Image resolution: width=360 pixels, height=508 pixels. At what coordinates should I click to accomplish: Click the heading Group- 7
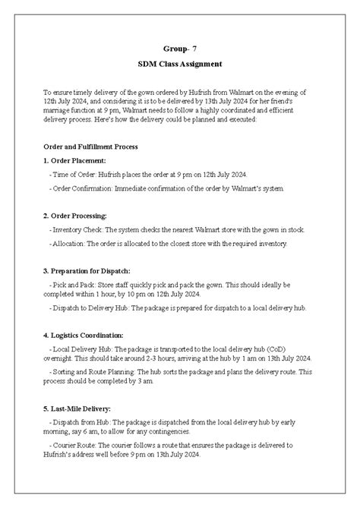click(179, 47)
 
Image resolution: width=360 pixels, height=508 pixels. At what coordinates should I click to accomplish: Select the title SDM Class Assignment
click(179, 65)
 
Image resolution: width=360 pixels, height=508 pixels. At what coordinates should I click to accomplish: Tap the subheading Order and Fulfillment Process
click(90, 146)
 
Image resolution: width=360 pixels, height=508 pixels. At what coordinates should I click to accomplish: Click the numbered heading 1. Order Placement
click(75, 160)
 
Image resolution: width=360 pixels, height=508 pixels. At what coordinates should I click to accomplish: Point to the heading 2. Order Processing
click(75, 216)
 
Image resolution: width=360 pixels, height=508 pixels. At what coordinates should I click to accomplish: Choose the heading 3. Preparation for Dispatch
click(87, 270)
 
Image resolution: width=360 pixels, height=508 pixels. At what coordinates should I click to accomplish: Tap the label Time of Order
click(72, 175)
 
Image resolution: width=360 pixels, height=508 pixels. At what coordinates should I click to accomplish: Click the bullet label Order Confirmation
click(84, 188)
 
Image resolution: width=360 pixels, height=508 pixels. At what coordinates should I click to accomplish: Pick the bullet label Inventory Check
click(77, 229)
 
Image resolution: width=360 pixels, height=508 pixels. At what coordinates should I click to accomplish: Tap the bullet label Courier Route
click(76, 445)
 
